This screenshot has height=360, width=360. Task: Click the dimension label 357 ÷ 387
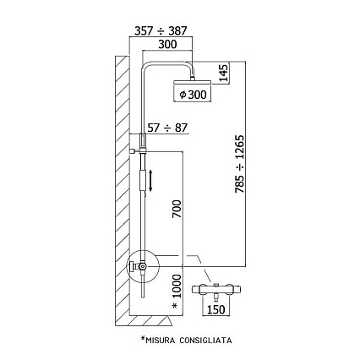click(161, 30)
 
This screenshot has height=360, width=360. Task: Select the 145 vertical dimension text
click(224, 73)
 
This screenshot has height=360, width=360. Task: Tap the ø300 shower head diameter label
click(193, 95)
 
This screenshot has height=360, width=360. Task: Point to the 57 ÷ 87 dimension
click(167, 128)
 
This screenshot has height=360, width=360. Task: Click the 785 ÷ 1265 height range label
click(240, 164)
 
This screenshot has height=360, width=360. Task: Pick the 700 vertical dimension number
click(177, 209)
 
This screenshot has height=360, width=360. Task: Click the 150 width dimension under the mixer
click(216, 309)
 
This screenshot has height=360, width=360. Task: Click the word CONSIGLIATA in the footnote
click(205, 340)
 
